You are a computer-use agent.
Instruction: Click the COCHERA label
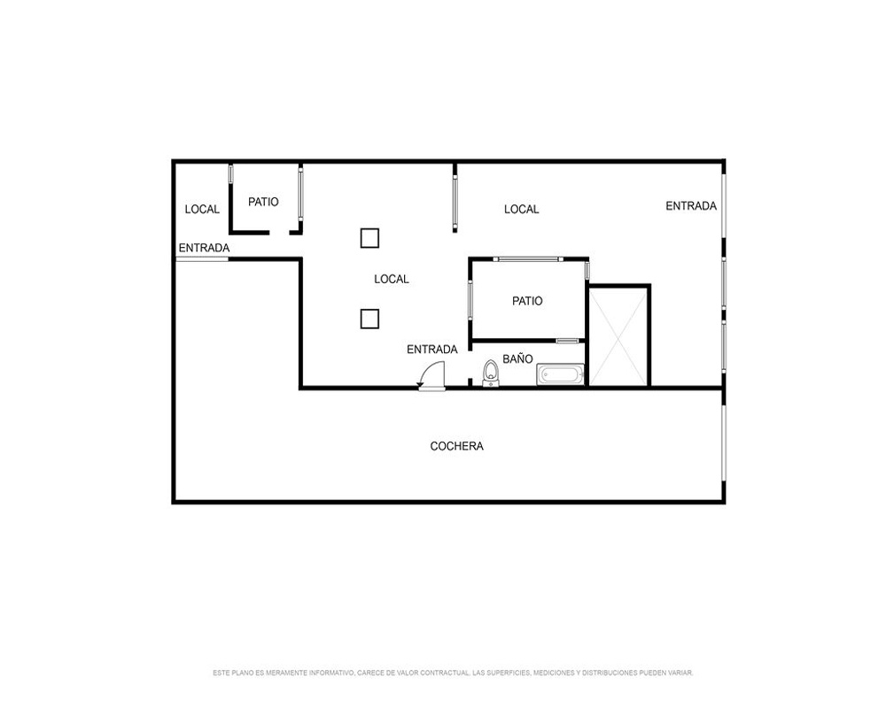click(x=456, y=446)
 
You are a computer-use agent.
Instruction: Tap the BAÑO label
click(x=517, y=359)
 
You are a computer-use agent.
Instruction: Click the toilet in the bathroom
click(x=491, y=373)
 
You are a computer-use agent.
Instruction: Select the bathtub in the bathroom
click(x=560, y=375)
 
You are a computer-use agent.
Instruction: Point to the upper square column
click(x=369, y=238)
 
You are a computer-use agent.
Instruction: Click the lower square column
click(x=369, y=319)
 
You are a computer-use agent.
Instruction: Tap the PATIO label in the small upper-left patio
click(x=263, y=202)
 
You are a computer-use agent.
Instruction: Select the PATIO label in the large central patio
click(x=527, y=301)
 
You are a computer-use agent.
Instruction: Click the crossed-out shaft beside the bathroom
click(x=618, y=336)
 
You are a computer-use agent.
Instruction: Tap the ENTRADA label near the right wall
click(x=691, y=206)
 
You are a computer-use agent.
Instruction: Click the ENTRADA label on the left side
click(x=204, y=248)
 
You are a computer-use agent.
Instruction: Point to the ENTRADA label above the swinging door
click(x=432, y=350)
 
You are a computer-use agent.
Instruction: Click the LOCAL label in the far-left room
click(x=202, y=210)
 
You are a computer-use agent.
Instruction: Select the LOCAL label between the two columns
click(x=392, y=279)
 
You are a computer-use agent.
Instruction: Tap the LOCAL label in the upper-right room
click(x=522, y=210)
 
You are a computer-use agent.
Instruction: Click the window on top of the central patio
click(x=528, y=259)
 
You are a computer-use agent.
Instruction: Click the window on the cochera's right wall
click(x=723, y=442)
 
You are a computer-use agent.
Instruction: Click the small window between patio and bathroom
click(x=567, y=341)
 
